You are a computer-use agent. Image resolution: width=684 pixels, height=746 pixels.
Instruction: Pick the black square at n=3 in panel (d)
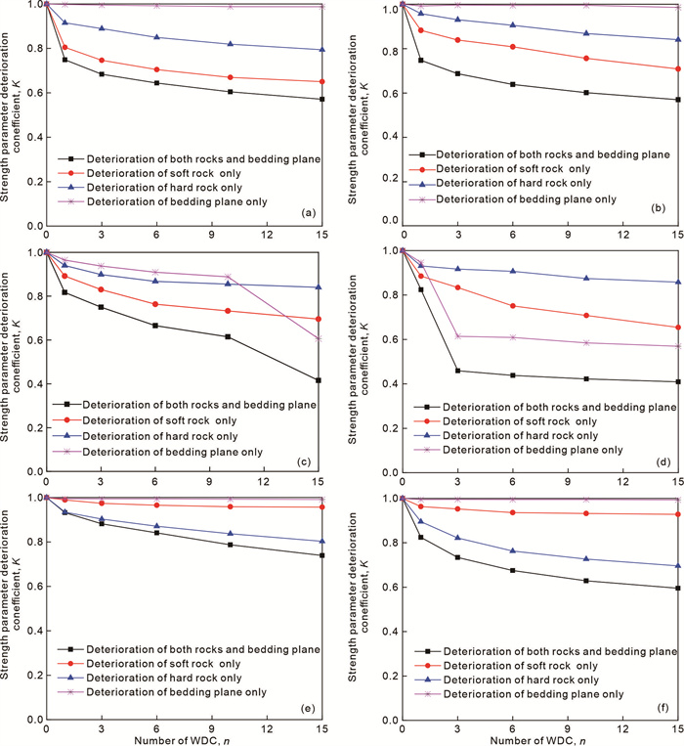[x=457, y=371]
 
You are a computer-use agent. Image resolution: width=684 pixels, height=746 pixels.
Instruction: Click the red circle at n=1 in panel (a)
[x=64, y=47]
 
